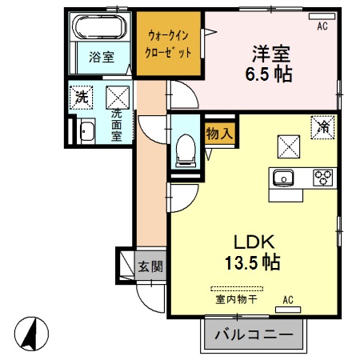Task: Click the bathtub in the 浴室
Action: pos(100,27)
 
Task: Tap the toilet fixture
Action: pos(186,151)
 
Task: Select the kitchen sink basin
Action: pos(283,178)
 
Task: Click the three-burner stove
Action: pos(323,177)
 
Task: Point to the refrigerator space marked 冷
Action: pos(322,127)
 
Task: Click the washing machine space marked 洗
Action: pos(82,98)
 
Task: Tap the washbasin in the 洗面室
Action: pos(87,131)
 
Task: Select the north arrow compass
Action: pos(31,334)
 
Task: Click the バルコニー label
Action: pos(254,334)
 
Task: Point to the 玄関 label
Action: pos(150,266)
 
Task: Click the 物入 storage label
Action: pos(220,133)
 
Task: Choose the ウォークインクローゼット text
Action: pos(168,44)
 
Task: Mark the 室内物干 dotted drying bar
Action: pos(237,289)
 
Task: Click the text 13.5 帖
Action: pos(252,262)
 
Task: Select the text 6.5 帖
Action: pos(269,74)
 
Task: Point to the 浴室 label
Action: pos(102,57)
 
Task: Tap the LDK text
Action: pos(254,242)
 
